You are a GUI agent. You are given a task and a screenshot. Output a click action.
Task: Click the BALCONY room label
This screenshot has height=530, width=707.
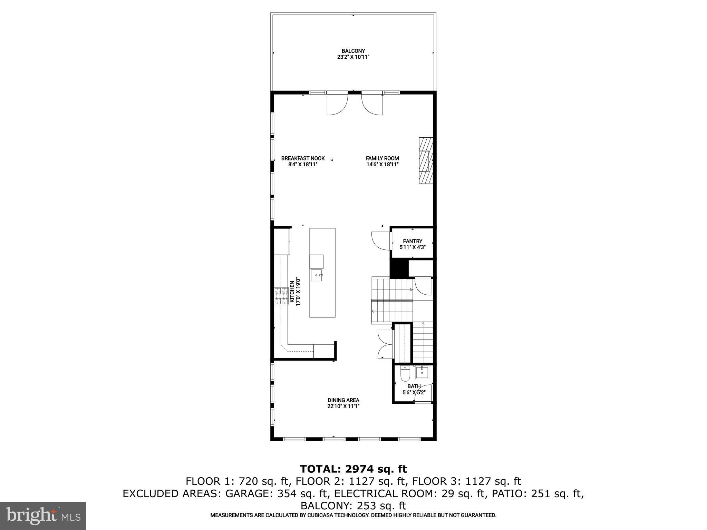point(353,51)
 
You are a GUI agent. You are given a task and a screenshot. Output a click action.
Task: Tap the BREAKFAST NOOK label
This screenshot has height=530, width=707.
point(303,158)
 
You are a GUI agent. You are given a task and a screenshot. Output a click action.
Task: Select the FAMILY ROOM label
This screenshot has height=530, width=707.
point(382,158)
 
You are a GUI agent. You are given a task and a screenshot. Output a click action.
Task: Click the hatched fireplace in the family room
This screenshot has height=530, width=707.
point(426,161)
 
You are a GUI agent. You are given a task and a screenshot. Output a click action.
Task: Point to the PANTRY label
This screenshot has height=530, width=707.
point(413,241)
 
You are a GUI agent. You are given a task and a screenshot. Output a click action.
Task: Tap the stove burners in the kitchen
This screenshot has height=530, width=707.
point(281,296)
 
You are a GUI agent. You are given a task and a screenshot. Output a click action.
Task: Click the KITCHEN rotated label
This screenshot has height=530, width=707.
point(292,292)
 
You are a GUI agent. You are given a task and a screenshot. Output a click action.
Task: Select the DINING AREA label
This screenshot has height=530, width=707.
point(343,400)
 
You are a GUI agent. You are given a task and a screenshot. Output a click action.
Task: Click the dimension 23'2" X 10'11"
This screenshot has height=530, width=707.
point(353,57)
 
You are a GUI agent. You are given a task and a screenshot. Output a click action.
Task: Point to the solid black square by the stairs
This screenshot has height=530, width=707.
point(399,268)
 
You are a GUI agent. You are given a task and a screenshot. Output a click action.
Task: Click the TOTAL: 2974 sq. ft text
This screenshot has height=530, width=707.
point(353,469)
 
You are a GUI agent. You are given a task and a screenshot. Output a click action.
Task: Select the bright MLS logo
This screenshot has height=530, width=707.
point(43,516)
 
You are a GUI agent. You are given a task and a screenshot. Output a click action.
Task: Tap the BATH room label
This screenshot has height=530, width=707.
point(414,386)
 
